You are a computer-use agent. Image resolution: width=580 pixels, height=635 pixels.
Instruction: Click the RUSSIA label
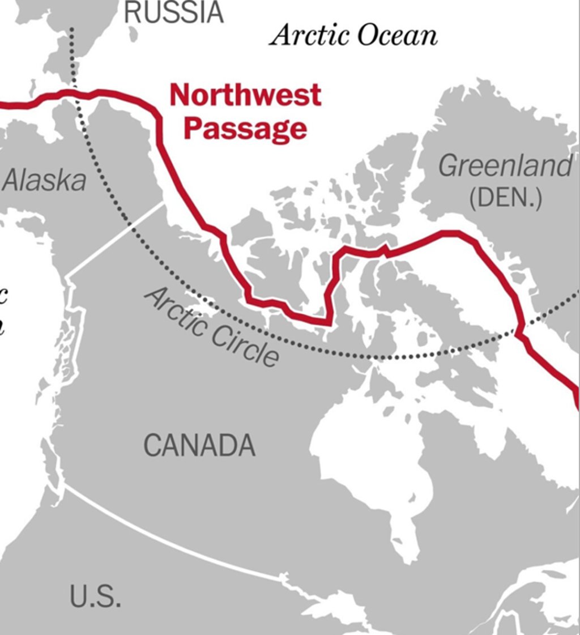(x=174, y=12)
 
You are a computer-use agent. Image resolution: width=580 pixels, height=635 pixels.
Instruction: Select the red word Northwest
(x=245, y=95)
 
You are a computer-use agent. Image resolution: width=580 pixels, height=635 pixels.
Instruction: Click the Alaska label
(x=45, y=181)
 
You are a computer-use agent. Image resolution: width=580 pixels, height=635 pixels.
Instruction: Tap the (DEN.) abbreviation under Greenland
(x=505, y=198)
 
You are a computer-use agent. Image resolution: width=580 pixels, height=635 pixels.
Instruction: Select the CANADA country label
(x=199, y=445)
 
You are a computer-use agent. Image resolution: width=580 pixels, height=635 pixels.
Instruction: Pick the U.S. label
(x=95, y=596)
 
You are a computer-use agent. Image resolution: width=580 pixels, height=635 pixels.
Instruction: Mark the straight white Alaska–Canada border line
(x=116, y=240)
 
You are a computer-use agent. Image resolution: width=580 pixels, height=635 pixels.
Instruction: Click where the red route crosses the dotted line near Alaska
(x=76, y=93)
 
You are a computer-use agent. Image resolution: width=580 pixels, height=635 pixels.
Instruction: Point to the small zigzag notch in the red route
(x=385, y=250)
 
